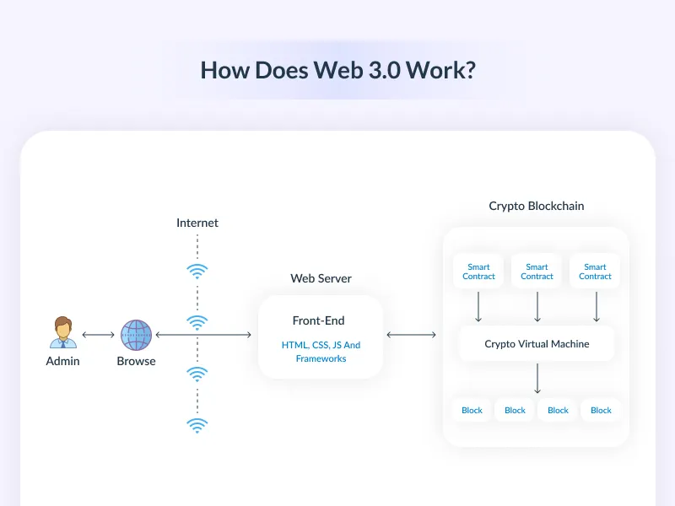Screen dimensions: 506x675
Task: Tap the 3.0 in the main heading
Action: [x=385, y=70]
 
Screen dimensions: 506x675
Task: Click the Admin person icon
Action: [x=62, y=332]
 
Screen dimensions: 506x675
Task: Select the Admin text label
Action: [x=62, y=361]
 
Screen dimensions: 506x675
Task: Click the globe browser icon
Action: [x=136, y=335]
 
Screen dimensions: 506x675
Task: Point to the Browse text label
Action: [x=136, y=361]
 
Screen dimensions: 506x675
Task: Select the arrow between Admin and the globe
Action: [x=99, y=335]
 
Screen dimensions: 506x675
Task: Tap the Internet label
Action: [x=197, y=223]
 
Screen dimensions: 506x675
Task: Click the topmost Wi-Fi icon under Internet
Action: [x=197, y=271]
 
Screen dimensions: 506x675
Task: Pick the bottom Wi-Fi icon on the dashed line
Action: [x=197, y=425]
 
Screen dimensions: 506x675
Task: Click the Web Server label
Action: [x=321, y=278]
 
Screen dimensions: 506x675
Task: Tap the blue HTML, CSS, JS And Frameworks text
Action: [x=321, y=352]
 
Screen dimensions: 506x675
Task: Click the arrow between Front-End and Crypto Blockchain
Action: [x=412, y=335]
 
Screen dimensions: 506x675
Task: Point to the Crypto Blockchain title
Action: [x=536, y=206]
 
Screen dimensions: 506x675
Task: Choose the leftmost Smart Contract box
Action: [x=478, y=272]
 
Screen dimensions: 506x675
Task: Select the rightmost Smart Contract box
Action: [x=595, y=272]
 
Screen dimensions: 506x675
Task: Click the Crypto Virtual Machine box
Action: [x=537, y=344]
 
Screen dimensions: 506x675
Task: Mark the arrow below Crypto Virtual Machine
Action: [x=537, y=379]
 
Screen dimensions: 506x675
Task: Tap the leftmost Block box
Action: [x=472, y=411]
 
